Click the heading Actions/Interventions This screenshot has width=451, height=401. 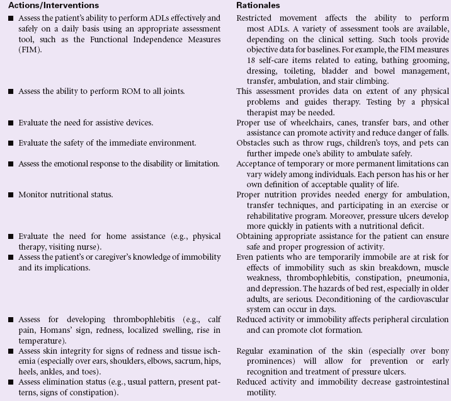point(45,6)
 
